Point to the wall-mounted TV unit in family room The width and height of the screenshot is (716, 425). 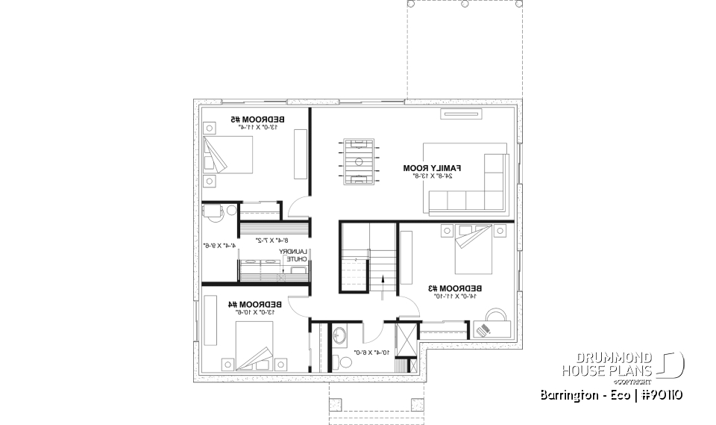coord(462,114)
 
